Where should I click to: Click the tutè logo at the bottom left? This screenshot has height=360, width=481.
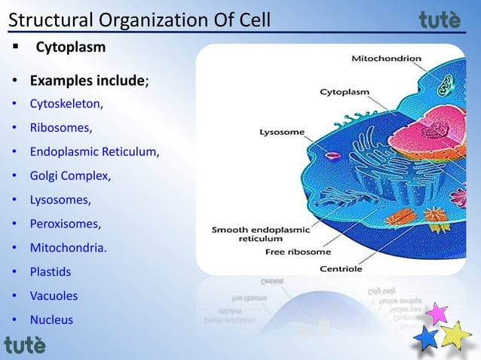click(x=25, y=344)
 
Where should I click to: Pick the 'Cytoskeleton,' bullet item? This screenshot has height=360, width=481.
click(x=66, y=104)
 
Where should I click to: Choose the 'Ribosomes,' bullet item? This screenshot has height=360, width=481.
click(x=60, y=127)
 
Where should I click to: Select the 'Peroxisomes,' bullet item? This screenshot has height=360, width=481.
click(x=65, y=224)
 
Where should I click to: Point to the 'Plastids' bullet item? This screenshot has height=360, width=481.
click(x=51, y=272)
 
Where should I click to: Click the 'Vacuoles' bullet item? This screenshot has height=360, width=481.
click(x=54, y=296)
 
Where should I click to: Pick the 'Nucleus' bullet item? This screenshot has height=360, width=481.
click(x=51, y=320)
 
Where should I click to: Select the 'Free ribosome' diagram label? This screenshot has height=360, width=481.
click(x=296, y=252)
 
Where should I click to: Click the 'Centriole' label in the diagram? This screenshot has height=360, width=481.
click(x=341, y=268)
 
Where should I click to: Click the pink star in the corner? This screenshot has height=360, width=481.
click(x=437, y=313)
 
